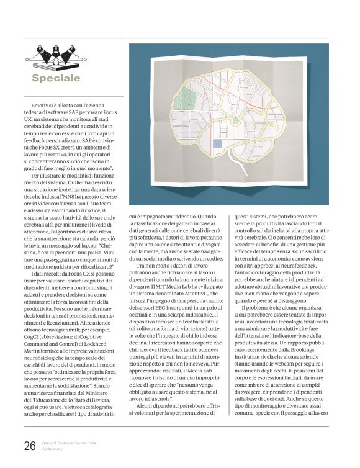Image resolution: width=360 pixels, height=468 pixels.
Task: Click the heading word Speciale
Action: coord(56,78)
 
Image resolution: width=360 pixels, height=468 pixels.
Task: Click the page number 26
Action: coord(29,445)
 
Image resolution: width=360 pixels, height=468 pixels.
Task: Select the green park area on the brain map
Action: coord(184,99)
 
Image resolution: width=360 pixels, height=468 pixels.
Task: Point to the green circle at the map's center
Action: coord(235,120)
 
